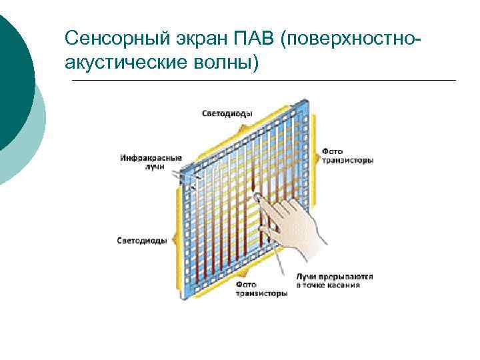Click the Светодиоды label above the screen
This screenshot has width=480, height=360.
click(x=227, y=113)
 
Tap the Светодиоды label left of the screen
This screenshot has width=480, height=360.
click(x=141, y=240)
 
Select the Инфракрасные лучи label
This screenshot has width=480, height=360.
click(x=151, y=161)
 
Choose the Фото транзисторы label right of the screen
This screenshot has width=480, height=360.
click(x=347, y=155)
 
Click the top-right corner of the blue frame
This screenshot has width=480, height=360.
click(x=309, y=101)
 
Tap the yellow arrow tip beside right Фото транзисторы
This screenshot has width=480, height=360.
click(x=316, y=155)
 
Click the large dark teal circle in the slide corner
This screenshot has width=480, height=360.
click(x=10, y=73)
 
